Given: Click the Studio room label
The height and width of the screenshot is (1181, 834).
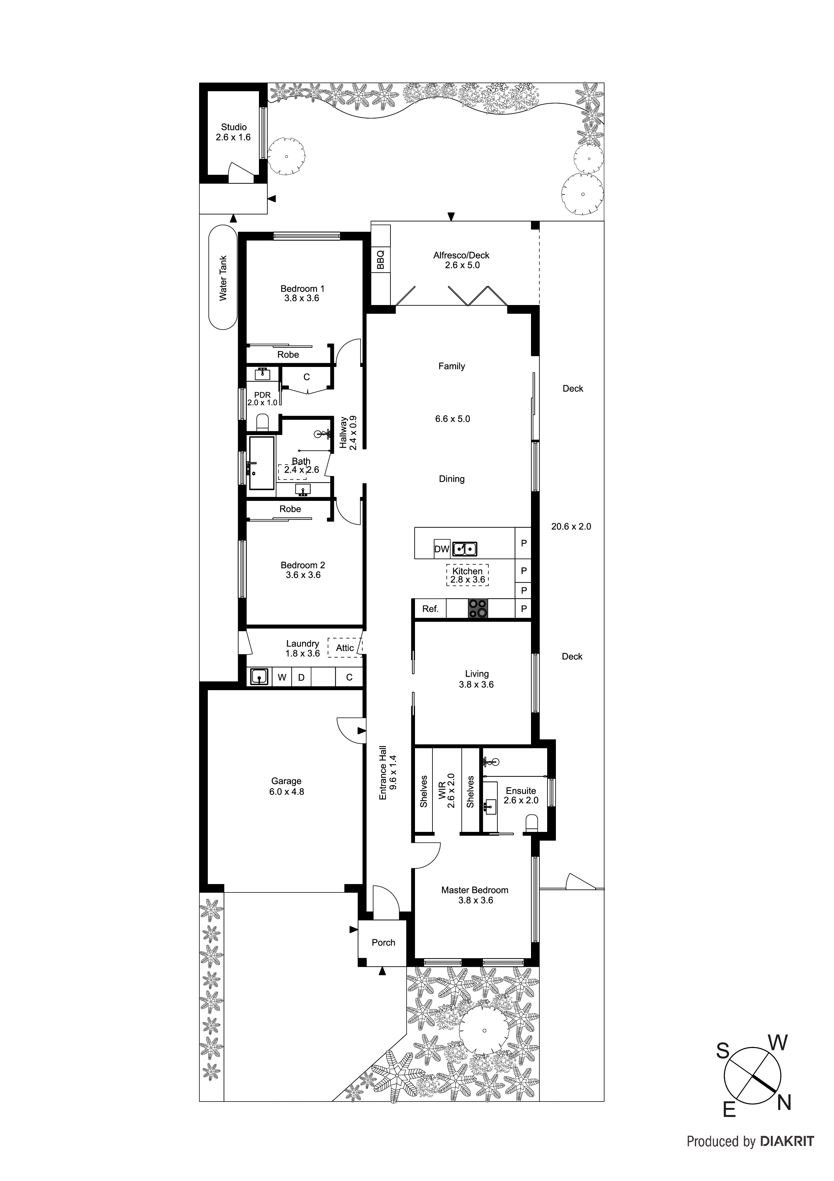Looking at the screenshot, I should click(x=234, y=127).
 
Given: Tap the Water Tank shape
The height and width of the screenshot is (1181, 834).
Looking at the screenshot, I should click(x=223, y=278).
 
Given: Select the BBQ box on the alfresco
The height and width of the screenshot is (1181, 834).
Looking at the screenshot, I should click(x=380, y=259).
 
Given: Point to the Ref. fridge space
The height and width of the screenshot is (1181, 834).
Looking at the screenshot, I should click(x=430, y=609).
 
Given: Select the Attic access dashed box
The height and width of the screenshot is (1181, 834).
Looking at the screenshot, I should click(x=345, y=648).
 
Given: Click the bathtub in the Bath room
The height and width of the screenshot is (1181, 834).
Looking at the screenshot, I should click(x=262, y=463).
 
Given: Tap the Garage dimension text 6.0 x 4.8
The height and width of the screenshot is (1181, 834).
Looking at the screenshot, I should click(x=286, y=791).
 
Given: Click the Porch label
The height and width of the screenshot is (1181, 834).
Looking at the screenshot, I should click(x=383, y=942).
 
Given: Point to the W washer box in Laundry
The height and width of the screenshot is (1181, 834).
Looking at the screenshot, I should click(x=282, y=677).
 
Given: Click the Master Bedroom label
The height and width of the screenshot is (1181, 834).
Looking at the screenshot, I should click(x=474, y=890).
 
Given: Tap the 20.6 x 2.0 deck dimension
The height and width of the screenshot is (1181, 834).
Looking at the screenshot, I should click(x=571, y=526).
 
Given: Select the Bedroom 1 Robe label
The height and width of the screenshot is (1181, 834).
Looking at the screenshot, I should click(x=288, y=355).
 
